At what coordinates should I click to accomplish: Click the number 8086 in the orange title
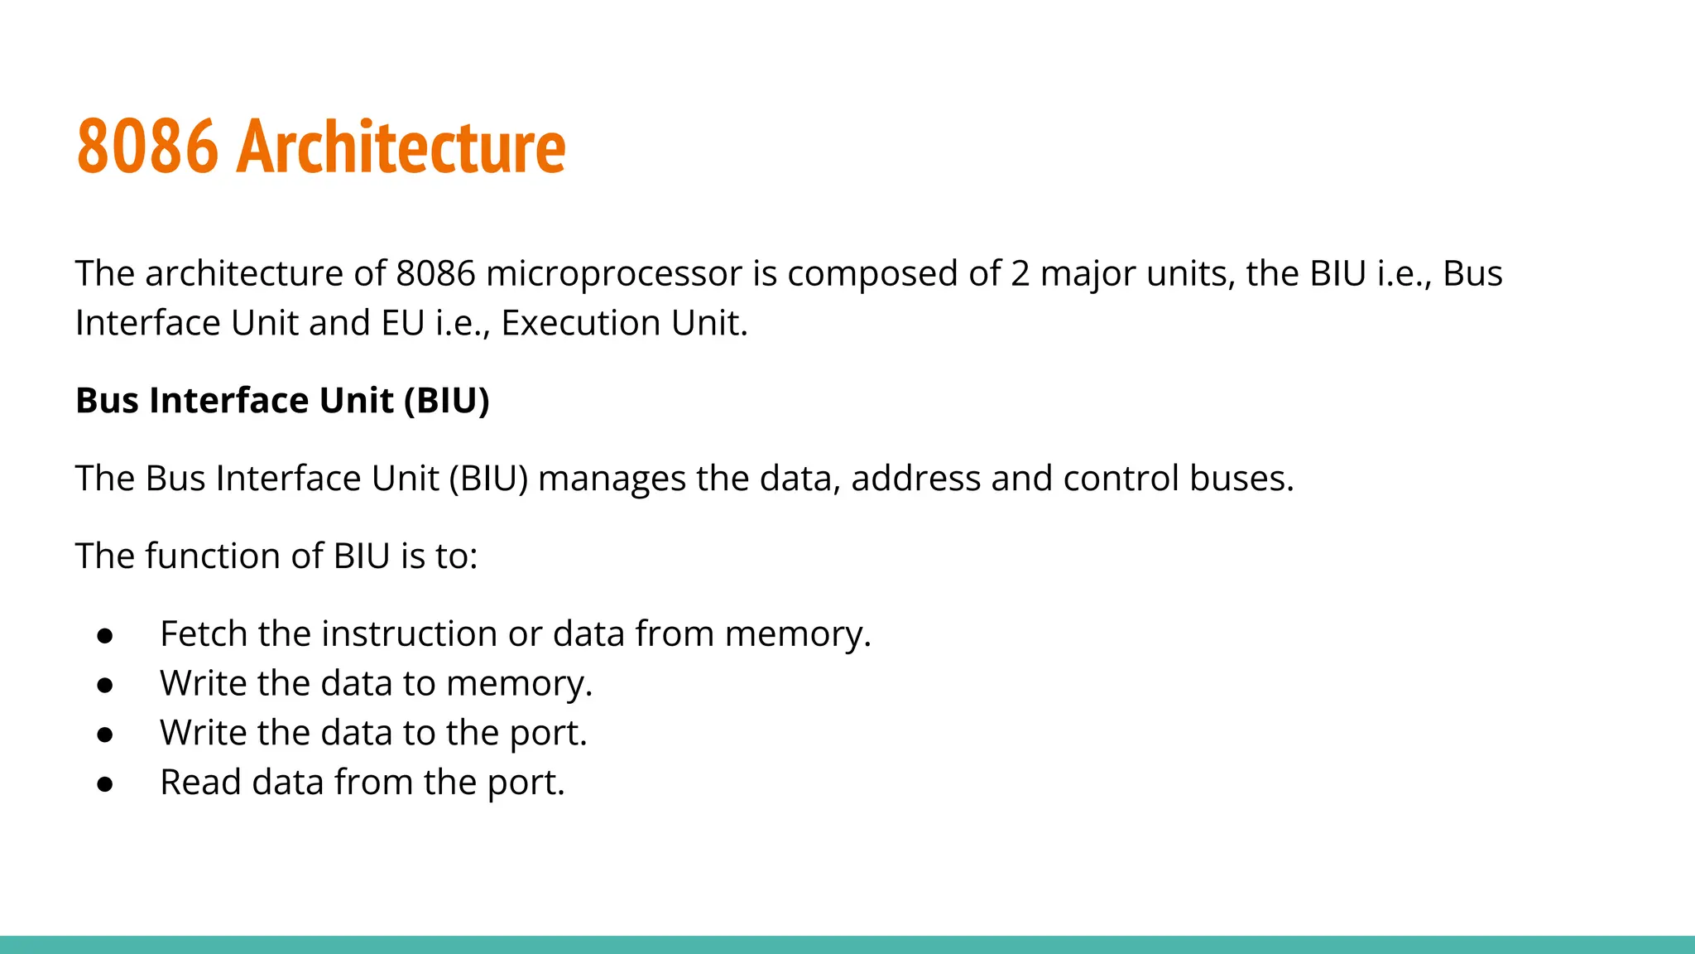[x=147, y=147]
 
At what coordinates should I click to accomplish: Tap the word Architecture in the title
[x=401, y=147]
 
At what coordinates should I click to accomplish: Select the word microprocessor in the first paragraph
[x=614, y=274]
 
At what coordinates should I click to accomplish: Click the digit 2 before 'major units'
[x=1020, y=274]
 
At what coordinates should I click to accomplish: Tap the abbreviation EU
[x=403, y=324]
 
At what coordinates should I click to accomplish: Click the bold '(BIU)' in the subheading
[x=447, y=401]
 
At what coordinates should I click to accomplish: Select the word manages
[x=612, y=479]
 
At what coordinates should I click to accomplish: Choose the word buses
[x=1241, y=479]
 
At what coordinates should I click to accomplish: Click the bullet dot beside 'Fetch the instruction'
[x=105, y=635]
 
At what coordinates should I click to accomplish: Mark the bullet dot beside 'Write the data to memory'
[x=105, y=685]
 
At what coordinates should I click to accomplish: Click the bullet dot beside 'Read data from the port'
[x=105, y=783]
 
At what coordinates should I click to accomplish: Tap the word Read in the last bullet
[x=201, y=783]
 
